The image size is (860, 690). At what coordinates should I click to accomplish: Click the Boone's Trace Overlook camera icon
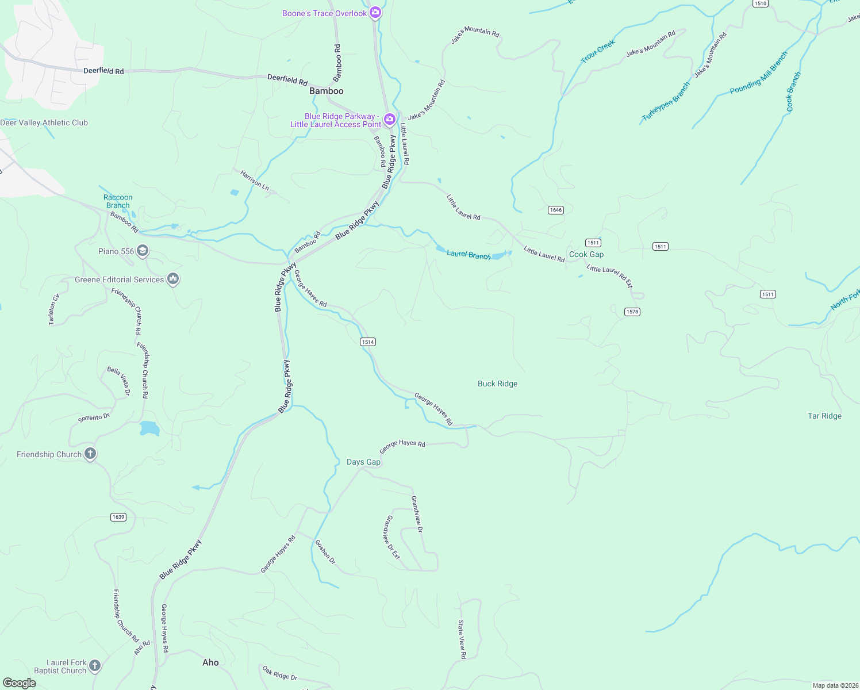(x=375, y=13)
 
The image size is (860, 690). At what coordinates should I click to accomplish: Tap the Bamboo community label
(x=326, y=91)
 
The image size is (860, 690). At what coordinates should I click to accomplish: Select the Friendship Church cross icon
(x=90, y=454)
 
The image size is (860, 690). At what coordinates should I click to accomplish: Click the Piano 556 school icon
(x=143, y=251)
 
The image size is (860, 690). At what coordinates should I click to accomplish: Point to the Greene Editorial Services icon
(x=173, y=279)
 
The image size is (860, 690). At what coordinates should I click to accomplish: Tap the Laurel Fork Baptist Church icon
(x=95, y=666)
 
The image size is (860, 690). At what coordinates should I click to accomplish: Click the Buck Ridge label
(x=497, y=384)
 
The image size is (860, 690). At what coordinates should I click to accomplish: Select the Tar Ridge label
(x=824, y=416)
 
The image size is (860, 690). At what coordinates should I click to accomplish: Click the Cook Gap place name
(x=586, y=254)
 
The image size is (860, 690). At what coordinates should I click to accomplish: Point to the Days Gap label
(x=363, y=462)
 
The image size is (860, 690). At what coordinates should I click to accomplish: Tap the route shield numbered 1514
(x=368, y=342)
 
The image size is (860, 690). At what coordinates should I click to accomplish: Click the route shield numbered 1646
(x=555, y=210)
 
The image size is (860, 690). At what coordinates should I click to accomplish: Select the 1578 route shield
(x=632, y=312)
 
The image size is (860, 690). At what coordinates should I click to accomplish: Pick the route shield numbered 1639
(x=118, y=517)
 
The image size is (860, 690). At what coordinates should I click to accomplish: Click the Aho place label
(x=210, y=662)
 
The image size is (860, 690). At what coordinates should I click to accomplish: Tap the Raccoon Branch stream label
(x=118, y=201)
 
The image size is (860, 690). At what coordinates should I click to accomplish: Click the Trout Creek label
(x=598, y=51)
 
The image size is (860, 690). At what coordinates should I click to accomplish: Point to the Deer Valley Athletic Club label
(x=44, y=122)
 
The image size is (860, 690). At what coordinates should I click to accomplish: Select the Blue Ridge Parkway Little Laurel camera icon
(x=390, y=120)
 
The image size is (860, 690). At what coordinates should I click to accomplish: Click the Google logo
(x=20, y=683)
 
